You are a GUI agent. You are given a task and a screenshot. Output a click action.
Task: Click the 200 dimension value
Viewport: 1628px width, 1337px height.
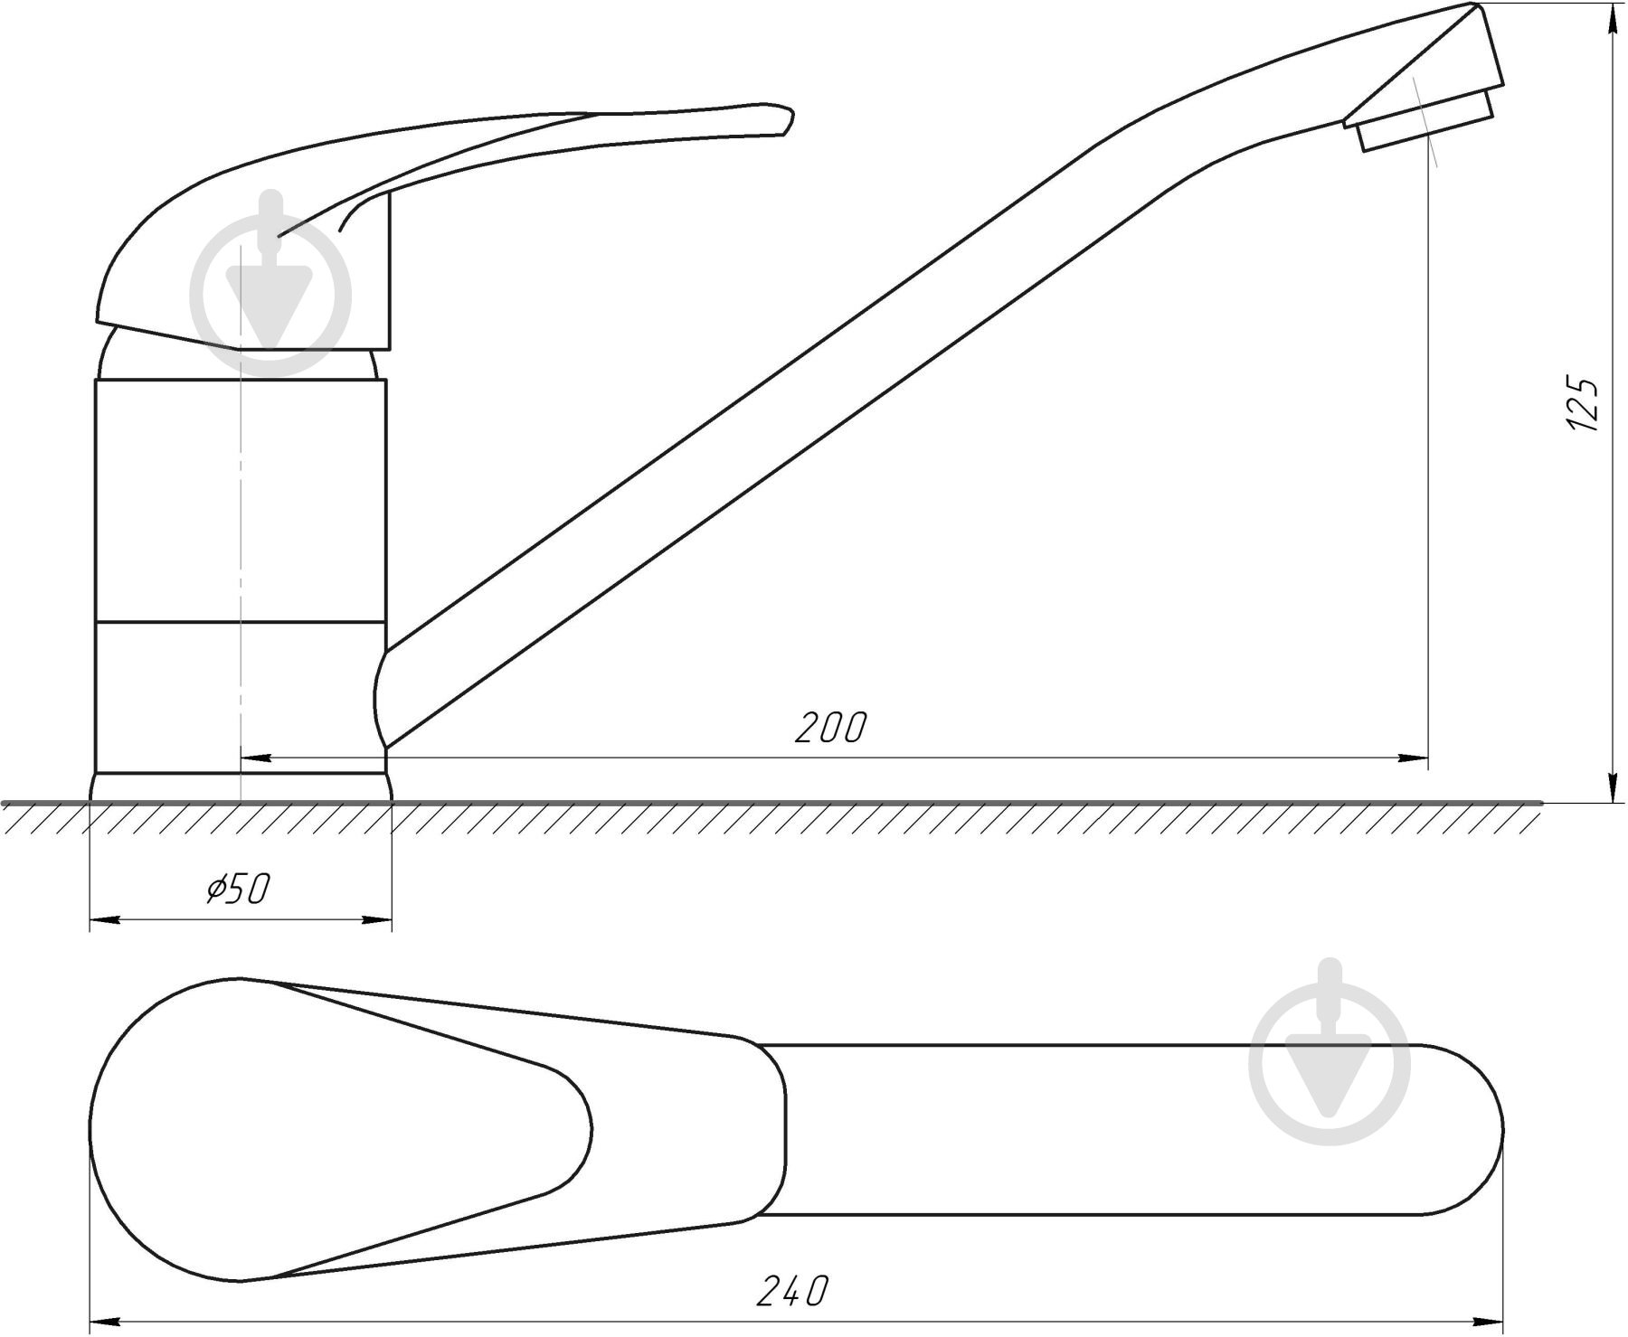829,728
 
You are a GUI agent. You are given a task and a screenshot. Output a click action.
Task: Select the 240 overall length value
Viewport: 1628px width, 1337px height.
791,1290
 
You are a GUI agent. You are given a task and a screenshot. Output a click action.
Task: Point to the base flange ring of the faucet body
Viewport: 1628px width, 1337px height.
241,786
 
